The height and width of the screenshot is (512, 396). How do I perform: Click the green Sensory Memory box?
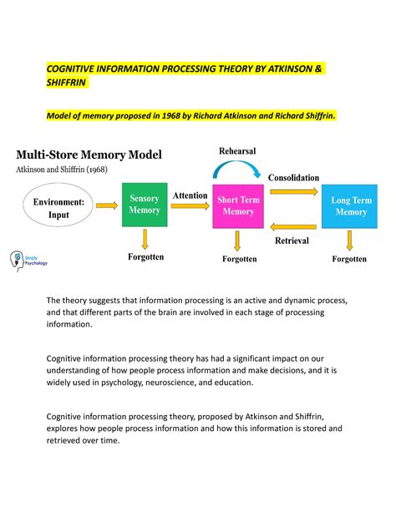(144, 205)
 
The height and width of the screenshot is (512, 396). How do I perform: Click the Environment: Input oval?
(58, 207)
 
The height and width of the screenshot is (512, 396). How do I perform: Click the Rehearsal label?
(237, 150)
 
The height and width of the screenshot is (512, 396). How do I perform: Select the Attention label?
(190, 195)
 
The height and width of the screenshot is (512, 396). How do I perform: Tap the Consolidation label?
(294, 178)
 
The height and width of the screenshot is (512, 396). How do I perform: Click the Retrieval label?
(292, 241)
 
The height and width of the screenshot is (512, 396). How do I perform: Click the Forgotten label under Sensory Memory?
(145, 258)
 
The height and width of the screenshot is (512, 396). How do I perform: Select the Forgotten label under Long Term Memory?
(349, 259)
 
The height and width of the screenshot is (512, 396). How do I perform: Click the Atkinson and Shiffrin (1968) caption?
(67, 170)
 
